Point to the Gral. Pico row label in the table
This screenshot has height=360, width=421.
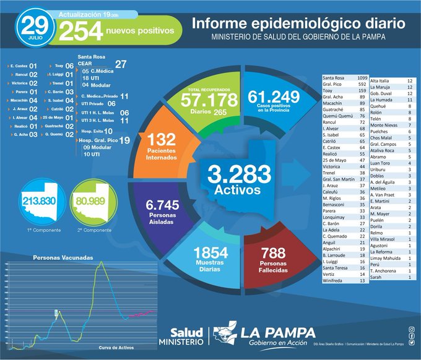click(x=335, y=84)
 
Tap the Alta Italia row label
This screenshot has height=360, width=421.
click(x=380, y=80)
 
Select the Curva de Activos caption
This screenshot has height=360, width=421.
click(x=118, y=348)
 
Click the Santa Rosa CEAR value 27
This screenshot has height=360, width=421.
click(x=121, y=64)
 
